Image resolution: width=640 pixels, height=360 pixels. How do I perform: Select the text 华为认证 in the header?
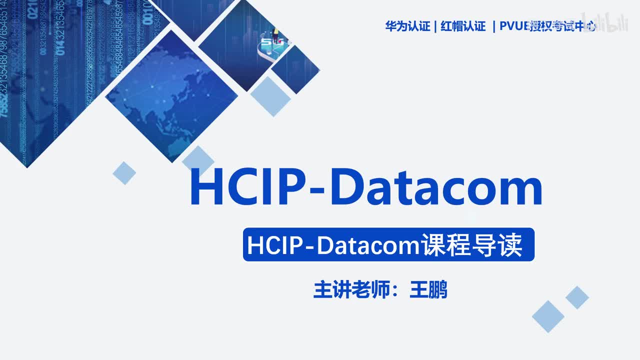point(407,26)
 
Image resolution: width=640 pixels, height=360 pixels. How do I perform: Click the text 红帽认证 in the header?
point(463,26)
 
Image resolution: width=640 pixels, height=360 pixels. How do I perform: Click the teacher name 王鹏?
point(428,290)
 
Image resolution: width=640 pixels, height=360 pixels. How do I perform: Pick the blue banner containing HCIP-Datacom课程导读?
point(388,245)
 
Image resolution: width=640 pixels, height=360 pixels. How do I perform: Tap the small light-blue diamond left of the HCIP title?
point(124,173)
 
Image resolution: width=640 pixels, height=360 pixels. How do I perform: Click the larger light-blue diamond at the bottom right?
point(548,316)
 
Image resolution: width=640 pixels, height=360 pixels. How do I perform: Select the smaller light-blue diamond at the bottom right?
point(577,297)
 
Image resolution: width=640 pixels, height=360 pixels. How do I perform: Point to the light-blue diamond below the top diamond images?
point(270,96)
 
